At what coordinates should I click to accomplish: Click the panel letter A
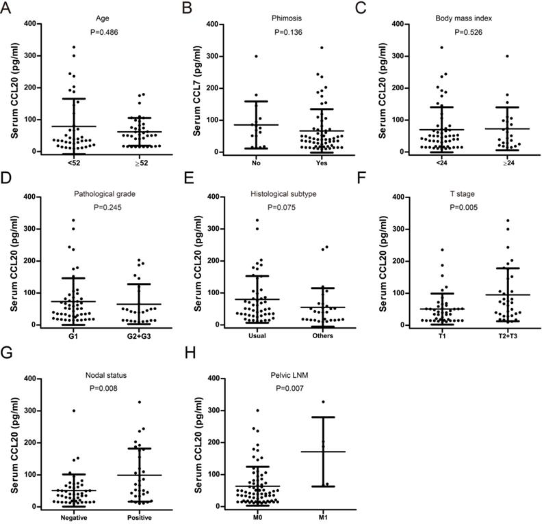pos(8,8)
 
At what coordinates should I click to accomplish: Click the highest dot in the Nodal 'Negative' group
pos(55,411)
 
